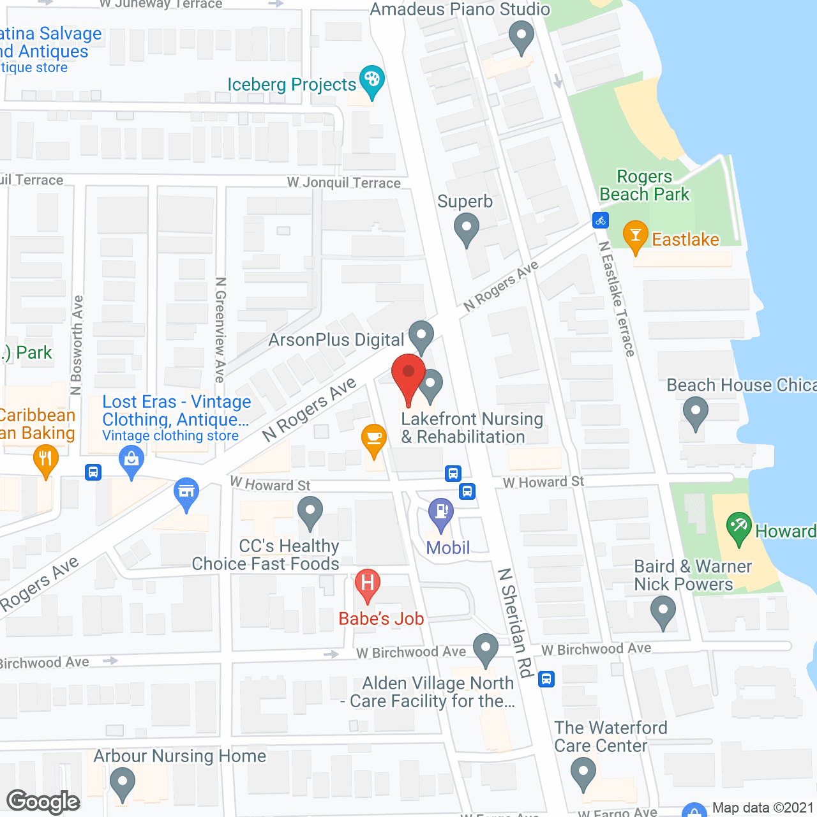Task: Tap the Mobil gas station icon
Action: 440,513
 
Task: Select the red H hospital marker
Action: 367,583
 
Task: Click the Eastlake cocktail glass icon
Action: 635,236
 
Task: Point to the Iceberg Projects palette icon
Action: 371,80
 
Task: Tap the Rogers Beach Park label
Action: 645,185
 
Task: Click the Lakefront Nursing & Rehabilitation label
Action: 472,428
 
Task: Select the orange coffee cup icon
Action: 374,438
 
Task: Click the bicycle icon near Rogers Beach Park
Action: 600,221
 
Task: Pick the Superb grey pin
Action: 467,228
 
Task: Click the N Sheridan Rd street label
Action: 516,622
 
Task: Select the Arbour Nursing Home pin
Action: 122,782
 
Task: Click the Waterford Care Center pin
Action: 583,772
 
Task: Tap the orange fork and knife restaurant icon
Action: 45,459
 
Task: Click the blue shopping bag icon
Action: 131,460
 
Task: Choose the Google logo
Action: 43,802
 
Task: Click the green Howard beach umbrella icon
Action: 739,527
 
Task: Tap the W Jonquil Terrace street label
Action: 344,183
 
